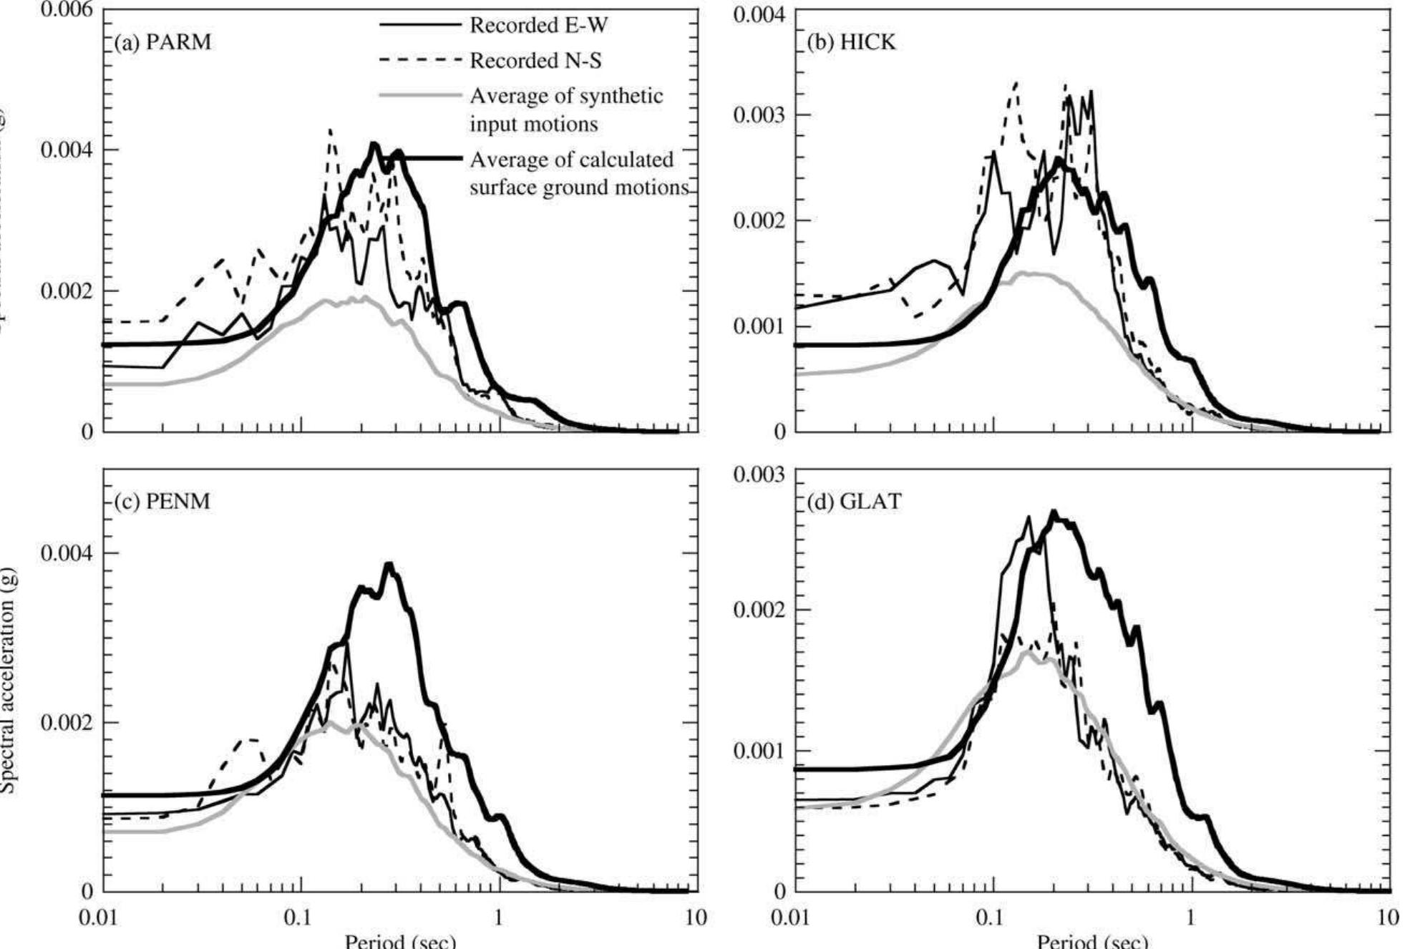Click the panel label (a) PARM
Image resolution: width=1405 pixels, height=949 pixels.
pos(163,42)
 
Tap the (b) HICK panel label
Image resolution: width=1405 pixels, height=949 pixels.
pos(851,42)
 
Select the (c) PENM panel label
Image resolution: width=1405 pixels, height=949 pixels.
pos(162,501)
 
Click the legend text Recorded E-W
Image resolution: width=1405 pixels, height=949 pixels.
pos(538,26)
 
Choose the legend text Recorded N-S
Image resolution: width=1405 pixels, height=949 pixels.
pos(535,61)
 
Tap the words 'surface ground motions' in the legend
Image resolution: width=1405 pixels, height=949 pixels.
pos(578,188)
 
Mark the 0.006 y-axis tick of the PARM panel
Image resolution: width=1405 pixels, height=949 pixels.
pos(66,10)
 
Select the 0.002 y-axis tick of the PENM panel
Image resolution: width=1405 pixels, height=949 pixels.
pos(66,723)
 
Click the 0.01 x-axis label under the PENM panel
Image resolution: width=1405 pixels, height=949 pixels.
pos(99,918)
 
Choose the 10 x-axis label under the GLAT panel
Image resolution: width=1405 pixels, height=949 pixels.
pos(1388,918)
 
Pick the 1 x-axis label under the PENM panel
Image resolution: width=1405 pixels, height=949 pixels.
pos(498,918)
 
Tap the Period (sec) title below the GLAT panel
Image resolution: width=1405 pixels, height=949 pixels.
pos(1092,940)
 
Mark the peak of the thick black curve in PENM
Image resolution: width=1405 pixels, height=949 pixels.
pos(389,564)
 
